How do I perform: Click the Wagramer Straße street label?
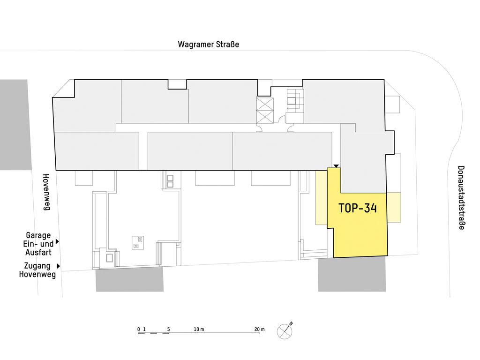(x=208, y=45)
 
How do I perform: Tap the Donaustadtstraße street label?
(x=461, y=197)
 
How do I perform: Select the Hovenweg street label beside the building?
(x=46, y=192)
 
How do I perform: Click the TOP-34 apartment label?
(x=358, y=208)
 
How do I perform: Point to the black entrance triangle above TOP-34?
(x=336, y=166)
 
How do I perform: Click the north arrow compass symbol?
(x=285, y=331)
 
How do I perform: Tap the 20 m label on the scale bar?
(x=259, y=330)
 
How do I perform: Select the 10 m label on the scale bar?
(x=199, y=330)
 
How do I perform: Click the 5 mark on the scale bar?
(x=168, y=330)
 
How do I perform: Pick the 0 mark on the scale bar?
(x=139, y=330)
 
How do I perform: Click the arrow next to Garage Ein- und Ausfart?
(x=57, y=242)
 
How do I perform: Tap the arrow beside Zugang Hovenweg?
(x=58, y=266)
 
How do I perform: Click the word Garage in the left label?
(x=38, y=235)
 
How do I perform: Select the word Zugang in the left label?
(x=37, y=266)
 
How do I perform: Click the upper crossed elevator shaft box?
(x=265, y=104)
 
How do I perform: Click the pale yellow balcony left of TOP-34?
(x=322, y=198)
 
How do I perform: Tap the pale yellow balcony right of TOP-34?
(x=394, y=207)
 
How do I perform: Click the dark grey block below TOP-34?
(x=352, y=274)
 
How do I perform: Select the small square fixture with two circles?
(x=138, y=242)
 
